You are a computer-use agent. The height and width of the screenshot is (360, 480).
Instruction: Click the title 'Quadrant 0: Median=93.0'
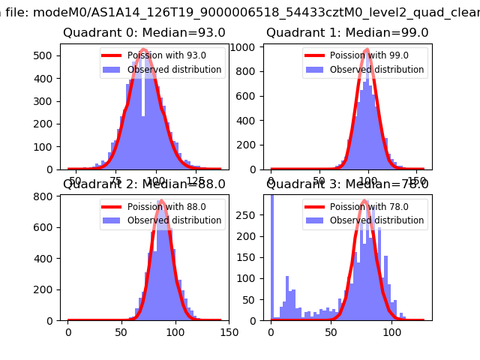[144, 33]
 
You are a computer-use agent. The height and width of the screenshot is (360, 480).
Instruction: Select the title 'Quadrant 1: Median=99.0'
[347, 33]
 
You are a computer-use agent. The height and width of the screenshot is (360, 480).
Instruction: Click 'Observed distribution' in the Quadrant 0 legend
[174, 70]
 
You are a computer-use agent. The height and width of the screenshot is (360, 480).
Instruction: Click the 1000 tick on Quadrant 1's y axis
[250, 46]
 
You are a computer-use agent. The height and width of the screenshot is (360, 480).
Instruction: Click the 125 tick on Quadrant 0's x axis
[195, 181]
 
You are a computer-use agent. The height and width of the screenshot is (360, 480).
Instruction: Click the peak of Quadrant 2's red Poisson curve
[162, 201]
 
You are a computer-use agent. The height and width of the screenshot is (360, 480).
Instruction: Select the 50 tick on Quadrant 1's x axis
[319, 181]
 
